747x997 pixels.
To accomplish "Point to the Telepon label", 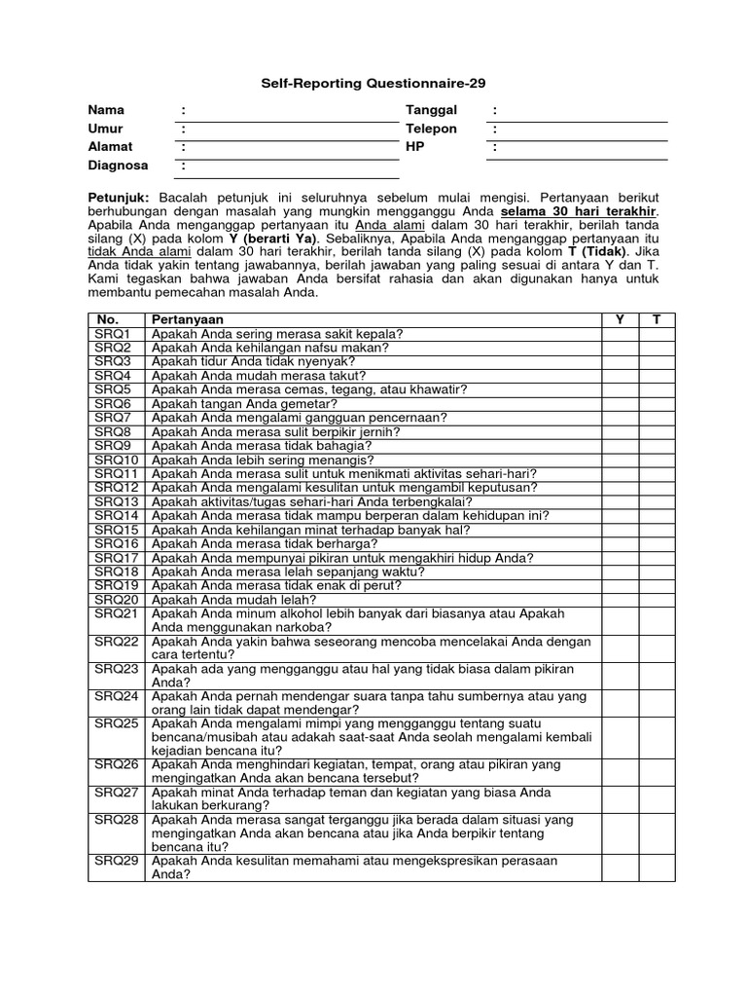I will (x=431, y=129).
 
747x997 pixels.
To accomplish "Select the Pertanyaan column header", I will (x=187, y=319).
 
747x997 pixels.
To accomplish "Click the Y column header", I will (x=619, y=319).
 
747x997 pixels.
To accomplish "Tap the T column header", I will (x=656, y=319).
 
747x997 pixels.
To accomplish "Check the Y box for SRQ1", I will (x=619, y=333).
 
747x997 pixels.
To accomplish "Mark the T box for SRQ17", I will (x=656, y=558).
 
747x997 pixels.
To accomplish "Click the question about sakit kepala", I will (x=277, y=333).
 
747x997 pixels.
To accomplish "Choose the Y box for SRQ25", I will (x=619, y=737).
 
